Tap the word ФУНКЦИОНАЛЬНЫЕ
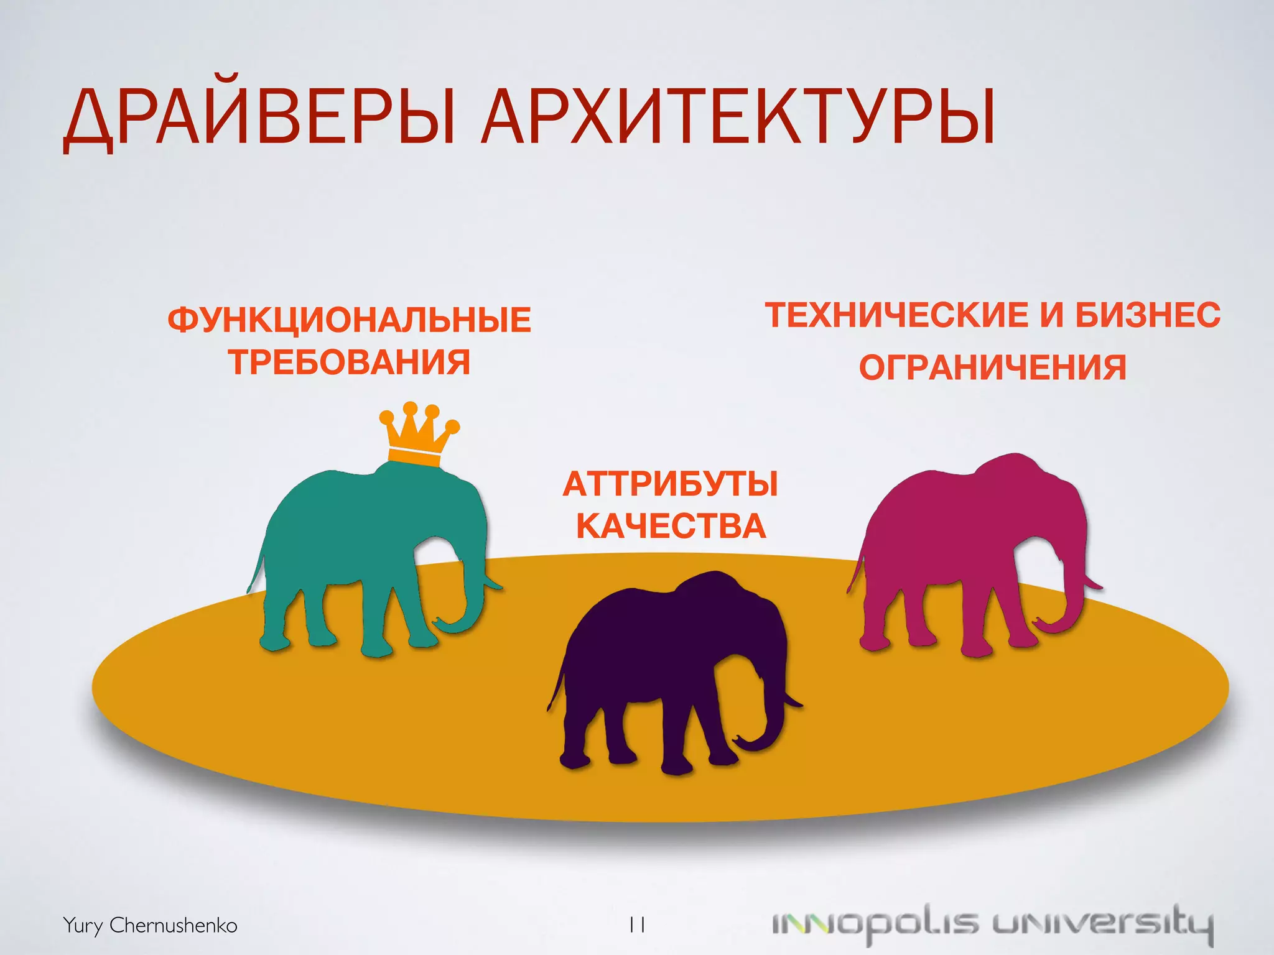pos(349,320)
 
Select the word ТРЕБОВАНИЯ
pos(349,362)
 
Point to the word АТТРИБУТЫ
pos(671,484)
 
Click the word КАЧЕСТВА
pos(671,526)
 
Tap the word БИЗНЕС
pos(1148,315)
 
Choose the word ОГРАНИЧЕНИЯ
pos(992,367)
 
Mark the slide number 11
pos(636,925)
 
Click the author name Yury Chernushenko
pos(150,925)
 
